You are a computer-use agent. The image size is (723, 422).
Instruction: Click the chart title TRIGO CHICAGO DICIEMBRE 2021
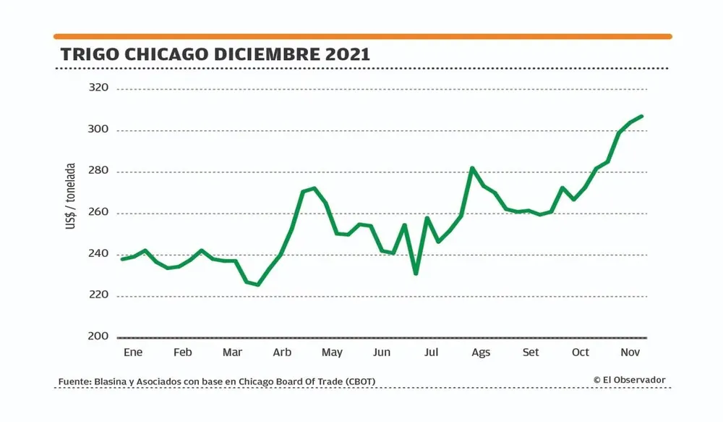tap(215, 54)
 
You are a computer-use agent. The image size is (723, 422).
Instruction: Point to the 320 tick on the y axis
tap(98, 88)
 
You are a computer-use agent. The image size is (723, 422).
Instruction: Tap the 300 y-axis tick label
tap(98, 130)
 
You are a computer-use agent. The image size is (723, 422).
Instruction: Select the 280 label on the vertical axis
tap(98, 172)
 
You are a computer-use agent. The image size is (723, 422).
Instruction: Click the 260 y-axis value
tap(98, 213)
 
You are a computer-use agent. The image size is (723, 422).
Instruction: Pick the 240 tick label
tap(98, 254)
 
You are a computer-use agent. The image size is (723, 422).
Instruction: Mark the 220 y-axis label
tap(98, 295)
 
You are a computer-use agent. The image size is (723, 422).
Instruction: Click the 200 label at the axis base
tap(98, 337)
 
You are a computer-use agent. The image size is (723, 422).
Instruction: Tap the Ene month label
tap(133, 353)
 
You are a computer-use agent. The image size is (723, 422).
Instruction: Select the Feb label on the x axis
tap(183, 353)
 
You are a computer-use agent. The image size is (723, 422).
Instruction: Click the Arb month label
tap(282, 353)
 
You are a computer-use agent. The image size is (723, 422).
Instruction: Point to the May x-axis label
tap(332, 353)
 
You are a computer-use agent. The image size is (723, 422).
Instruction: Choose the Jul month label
tap(431, 353)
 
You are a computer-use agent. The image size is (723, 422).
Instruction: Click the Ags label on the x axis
tap(481, 353)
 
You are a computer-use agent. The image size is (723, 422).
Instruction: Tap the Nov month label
tap(630, 353)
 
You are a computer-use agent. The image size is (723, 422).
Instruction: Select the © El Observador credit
tap(629, 380)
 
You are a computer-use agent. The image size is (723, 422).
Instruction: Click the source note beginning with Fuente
tap(217, 381)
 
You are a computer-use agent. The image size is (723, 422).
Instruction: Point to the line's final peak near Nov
tap(642, 116)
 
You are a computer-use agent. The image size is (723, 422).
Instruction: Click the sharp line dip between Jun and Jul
tap(416, 274)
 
